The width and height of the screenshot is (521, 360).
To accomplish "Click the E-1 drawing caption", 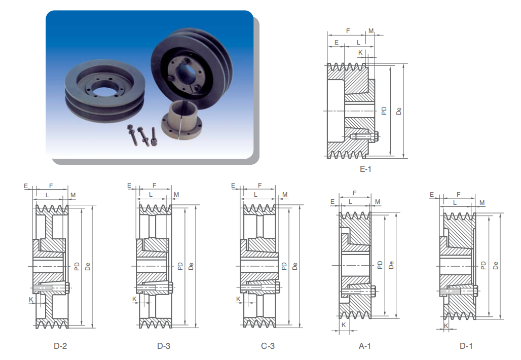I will [x=365, y=169].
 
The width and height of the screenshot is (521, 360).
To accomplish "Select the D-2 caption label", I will [x=60, y=346].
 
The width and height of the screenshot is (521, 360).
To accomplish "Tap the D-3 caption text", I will [x=164, y=346].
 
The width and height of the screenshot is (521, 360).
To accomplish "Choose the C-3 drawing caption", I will [x=268, y=346].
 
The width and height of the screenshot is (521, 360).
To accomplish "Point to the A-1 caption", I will [x=365, y=346].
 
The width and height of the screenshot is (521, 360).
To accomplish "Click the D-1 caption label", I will [x=466, y=346].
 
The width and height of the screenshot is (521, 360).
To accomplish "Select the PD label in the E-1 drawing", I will [x=385, y=111].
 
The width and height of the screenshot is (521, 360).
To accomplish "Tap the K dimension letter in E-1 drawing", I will [x=360, y=52].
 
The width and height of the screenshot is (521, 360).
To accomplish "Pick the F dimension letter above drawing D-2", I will [x=50, y=186].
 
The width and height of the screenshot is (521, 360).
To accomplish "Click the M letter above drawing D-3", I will [x=176, y=195].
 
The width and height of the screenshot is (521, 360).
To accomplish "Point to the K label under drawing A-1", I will [x=344, y=325].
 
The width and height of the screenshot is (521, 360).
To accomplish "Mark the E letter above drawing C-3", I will [x=233, y=186].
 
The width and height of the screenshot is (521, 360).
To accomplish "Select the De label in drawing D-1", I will [x=496, y=265].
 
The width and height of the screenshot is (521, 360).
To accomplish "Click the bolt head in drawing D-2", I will [x=68, y=288].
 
